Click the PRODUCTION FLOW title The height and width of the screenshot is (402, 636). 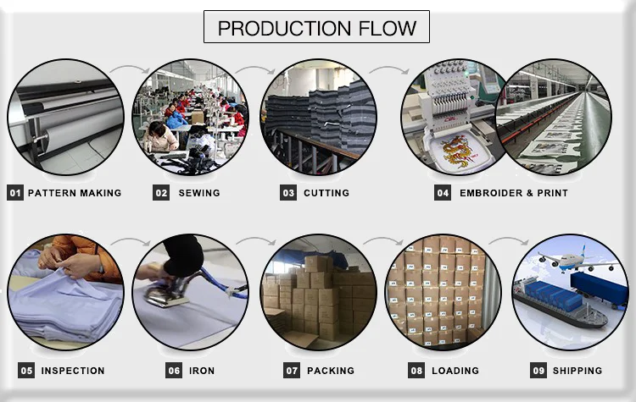click(316, 27)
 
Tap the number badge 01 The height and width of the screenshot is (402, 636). click(14, 193)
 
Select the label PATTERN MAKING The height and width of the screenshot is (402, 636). click(75, 193)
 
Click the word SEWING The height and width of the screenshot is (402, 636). click(199, 193)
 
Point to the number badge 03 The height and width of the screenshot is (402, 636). click(288, 193)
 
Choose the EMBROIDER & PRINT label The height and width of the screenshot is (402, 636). click(514, 193)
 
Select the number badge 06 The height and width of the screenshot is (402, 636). click(174, 371)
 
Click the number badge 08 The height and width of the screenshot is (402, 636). click(416, 371)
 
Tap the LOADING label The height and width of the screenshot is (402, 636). click(455, 371)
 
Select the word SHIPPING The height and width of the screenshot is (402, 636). click(577, 371)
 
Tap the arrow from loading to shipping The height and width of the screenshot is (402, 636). click(506, 243)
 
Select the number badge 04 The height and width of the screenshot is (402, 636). click(443, 193)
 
